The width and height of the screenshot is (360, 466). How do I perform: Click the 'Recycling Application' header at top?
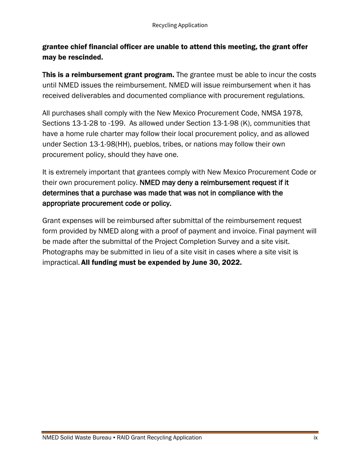click(180, 25)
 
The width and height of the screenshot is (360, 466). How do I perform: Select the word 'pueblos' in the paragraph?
click(154, 144)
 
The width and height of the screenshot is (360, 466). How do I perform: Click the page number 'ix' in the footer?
click(315, 438)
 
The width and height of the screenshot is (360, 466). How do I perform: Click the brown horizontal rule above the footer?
click(180, 432)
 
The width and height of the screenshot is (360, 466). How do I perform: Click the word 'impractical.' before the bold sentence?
click(61, 263)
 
